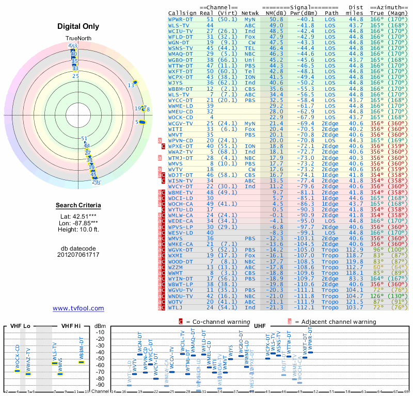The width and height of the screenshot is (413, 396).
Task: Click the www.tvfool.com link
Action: tap(78, 308)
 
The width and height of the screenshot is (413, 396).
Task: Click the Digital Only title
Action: tap(78, 27)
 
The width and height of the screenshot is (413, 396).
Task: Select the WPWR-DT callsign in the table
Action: tap(180, 19)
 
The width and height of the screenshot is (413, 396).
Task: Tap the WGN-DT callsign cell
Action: tap(179, 42)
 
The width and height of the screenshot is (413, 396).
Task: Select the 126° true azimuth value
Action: tap(376, 296)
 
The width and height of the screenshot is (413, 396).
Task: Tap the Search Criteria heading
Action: tap(78, 206)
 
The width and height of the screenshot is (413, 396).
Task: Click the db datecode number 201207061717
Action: tap(78, 255)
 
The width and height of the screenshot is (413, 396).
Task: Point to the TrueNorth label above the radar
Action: tap(78, 39)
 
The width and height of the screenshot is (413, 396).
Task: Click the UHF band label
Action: tap(260, 326)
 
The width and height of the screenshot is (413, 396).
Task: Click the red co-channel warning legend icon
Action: tap(181, 321)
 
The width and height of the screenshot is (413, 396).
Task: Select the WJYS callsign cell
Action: tap(176, 82)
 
